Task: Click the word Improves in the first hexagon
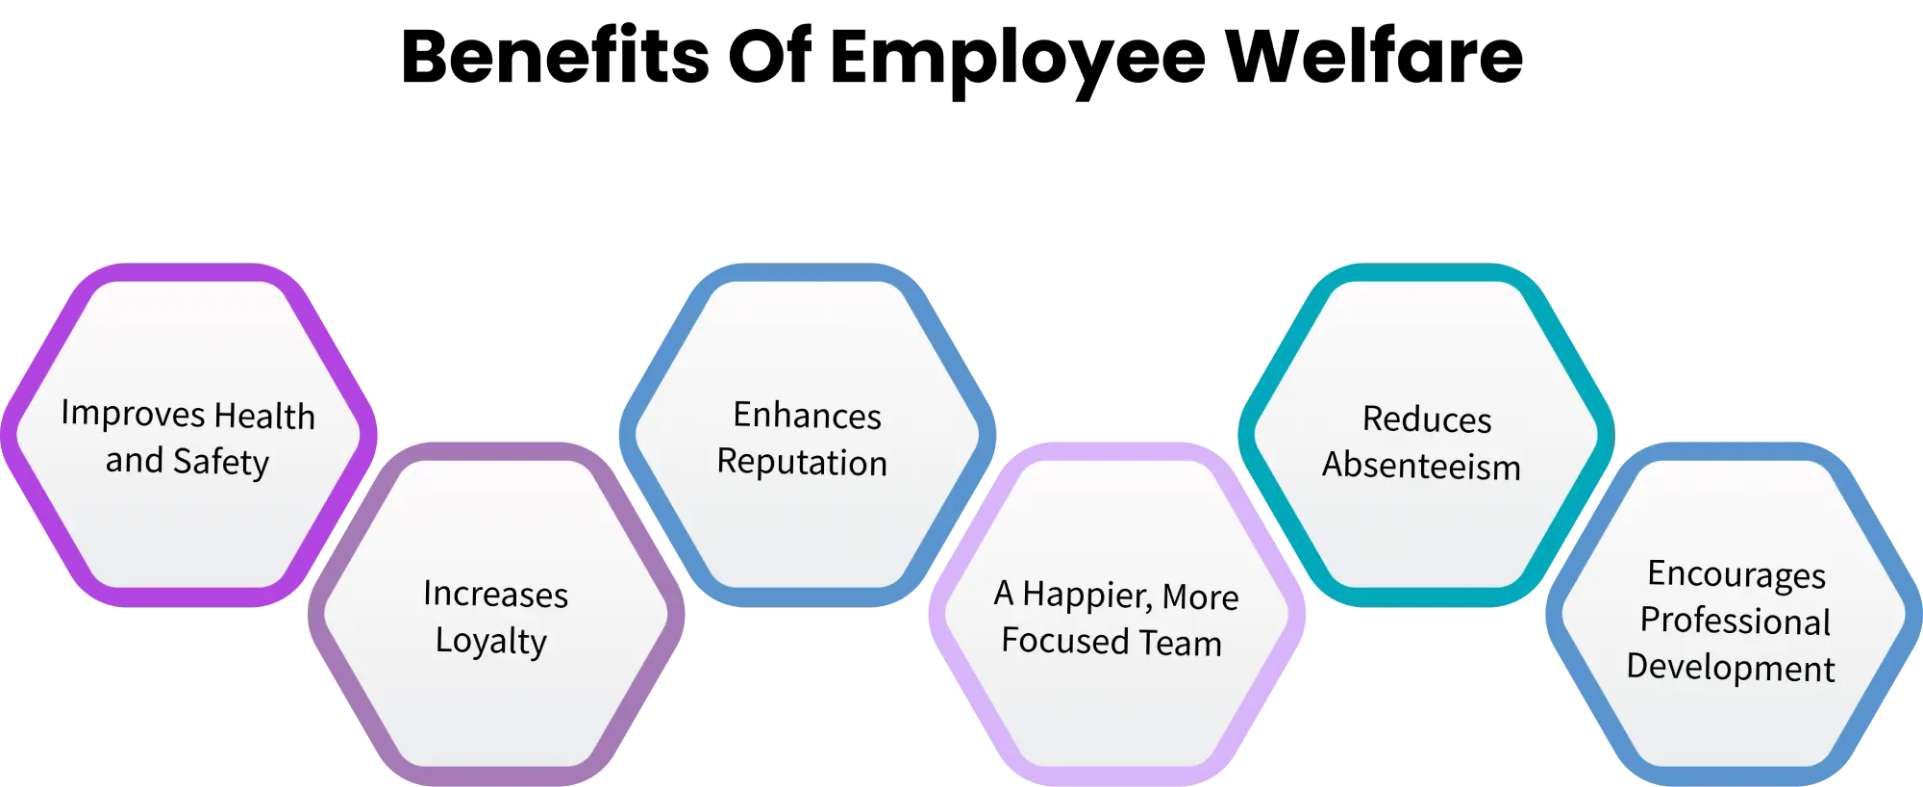coord(133,415)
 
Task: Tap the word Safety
coord(221,462)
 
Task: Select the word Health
coord(264,417)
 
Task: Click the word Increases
coord(495,595)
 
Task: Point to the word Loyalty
coord(490,641)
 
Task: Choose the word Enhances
coord(807,416)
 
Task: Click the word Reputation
coord(802,463)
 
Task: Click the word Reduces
coord(1427,419)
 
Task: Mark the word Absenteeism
coord(1421,467)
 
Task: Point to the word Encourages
coord(1736,574)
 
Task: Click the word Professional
coord(1735,622)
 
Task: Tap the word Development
coord(1730,668)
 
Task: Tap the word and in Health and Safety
coord(134,461)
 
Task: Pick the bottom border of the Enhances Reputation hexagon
coord(808,596)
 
